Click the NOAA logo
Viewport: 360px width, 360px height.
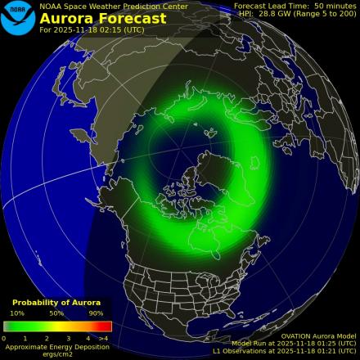pos(17,17)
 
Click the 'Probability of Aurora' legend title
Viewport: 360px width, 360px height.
pos(56,304)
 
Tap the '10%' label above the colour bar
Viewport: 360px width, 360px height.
pos(17,313)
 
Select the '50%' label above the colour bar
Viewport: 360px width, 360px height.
pos(56,313)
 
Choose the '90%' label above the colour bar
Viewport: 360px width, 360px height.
pos(96,313)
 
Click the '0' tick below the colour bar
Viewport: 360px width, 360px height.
pos(4,337)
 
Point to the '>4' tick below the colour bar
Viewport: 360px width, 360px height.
pos(104,337)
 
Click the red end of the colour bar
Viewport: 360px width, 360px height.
pos(106,326)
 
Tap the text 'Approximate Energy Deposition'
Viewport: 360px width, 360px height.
pos(56,346)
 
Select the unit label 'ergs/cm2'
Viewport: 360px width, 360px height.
pos(56,354)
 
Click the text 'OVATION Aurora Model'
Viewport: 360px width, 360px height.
pos(318,335)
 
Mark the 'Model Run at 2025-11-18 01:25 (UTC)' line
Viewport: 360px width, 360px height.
pos(294,344)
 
